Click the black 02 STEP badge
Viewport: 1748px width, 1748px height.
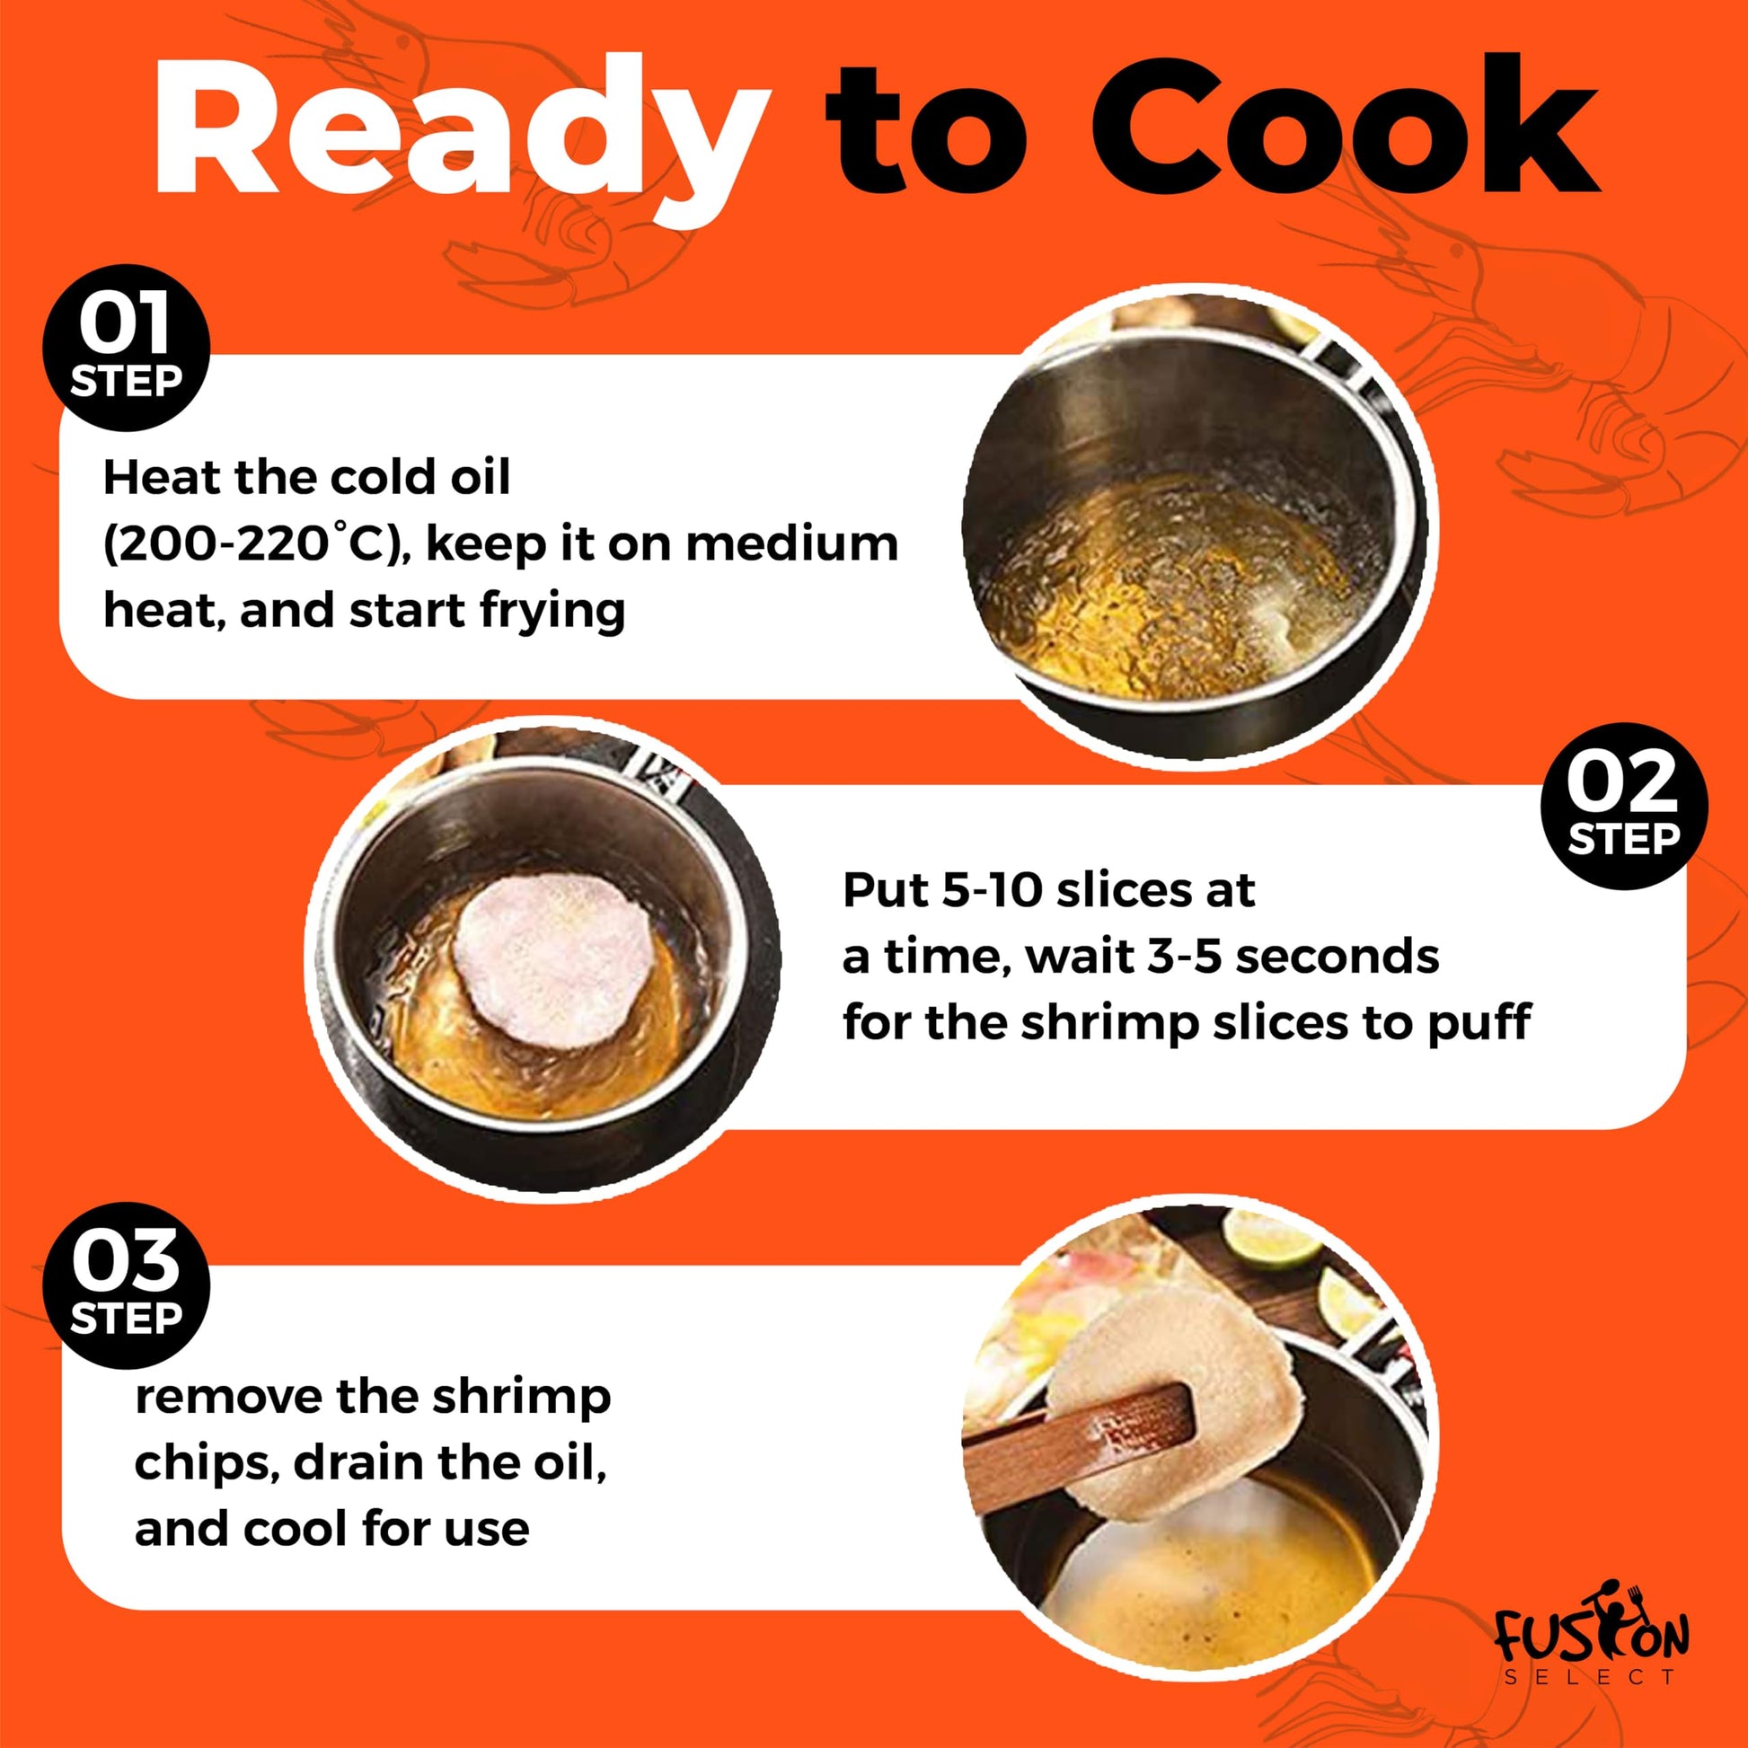1623,806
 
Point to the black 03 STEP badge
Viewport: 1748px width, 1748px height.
127,1285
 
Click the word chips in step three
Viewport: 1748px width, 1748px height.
207,1465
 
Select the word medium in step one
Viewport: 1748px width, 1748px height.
792,543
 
